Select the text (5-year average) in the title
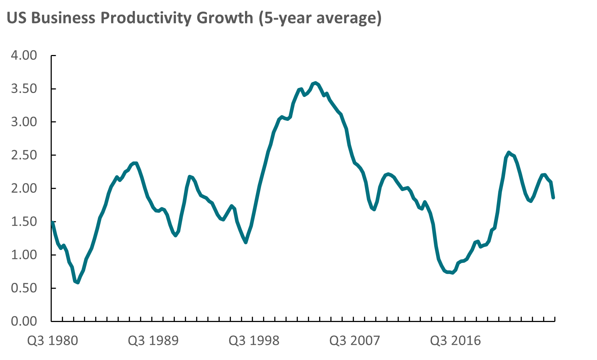320,18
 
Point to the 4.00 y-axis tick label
24,56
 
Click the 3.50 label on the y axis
24,89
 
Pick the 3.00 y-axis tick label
24,122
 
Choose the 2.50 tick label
24,155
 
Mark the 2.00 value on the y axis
24,189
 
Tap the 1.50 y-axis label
24,222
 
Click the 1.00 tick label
24,255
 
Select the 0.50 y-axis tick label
24,288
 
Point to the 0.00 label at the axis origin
24,321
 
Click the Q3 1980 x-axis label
52,341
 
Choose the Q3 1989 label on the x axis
153,341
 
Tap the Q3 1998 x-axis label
254,341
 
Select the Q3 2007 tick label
355,341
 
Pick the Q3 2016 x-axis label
456,341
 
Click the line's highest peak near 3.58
316,83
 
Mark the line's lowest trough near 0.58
77,282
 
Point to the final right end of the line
554,198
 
